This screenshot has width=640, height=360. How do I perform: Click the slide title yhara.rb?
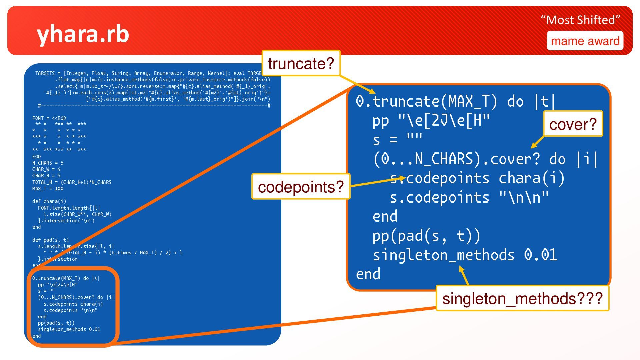tap(83, 34)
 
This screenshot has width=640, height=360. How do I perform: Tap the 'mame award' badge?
tap(585, 41)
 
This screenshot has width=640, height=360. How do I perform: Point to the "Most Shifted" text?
tap(580, 20)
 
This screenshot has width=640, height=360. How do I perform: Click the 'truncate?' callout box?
tap(301, 63)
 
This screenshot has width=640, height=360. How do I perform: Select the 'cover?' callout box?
tap(573, 124)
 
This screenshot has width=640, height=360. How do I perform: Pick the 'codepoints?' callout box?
tap(301, 187)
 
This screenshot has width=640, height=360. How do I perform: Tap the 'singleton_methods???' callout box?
tap(522, 298)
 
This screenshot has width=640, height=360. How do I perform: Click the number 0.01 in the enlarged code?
tap(540, 255)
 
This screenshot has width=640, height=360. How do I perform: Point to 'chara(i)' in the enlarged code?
tap(531, 178)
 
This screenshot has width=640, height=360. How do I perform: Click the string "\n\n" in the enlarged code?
tap(524, 197)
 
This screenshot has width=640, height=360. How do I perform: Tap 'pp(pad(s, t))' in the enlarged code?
tap(426, 236)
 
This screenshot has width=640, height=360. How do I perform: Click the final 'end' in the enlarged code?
tap(368, 274)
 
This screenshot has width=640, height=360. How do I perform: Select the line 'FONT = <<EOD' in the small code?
tap(49, 118)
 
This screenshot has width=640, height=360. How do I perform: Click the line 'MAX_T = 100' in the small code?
tap(48, 189)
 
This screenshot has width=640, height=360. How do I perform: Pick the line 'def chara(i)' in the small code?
tap(49, 201)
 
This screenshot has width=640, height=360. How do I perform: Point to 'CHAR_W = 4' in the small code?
tap(46, 169)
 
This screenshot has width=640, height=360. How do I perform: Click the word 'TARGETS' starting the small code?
tap(45, 73)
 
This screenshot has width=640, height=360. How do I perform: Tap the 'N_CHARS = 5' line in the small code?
tap(48, 163)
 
